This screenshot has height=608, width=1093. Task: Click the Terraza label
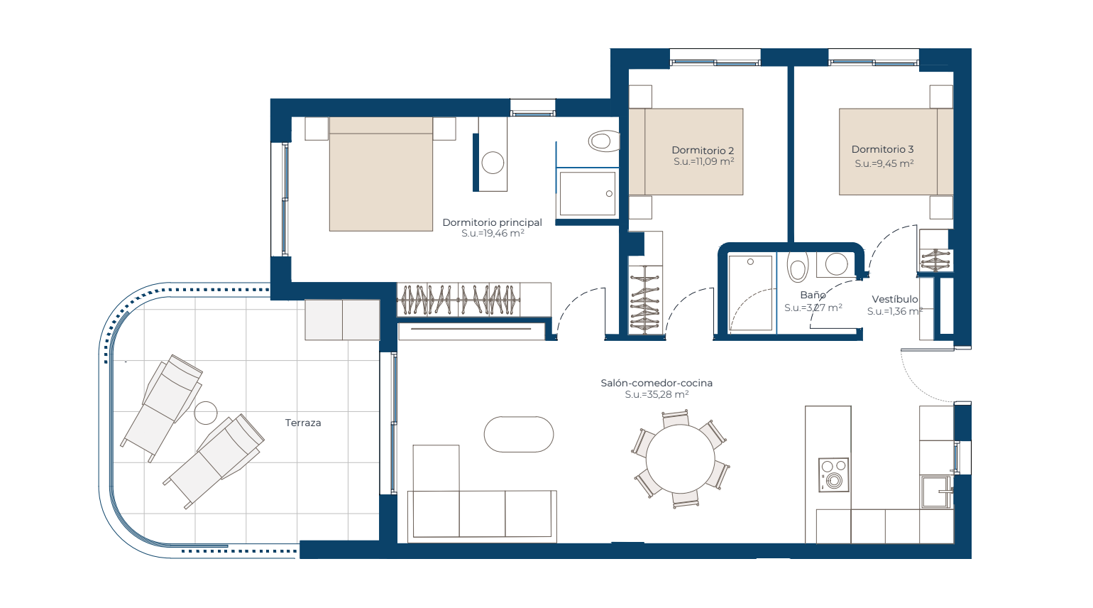(x=303, y=423)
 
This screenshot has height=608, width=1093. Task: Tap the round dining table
(x=680, y=459)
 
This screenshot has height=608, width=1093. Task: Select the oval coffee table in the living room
(x=519, y=434)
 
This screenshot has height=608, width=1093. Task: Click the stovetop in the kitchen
(x=833, y=474)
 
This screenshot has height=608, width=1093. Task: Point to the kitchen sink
(x=936, y=492)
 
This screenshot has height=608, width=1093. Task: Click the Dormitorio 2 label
(x=703, y=151)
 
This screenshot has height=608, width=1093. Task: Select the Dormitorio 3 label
(x=883, y=149)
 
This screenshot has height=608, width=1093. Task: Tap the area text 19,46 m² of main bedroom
(x=502, y=234)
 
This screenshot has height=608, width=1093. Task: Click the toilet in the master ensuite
(x=604, y=141)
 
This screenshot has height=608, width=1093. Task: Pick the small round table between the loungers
(x=205, y=413)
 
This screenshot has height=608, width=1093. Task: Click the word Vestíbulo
(x=895, y=299)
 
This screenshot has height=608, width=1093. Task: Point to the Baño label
(x=813, y=295)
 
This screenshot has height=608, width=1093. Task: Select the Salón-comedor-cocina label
(x=657, y=383)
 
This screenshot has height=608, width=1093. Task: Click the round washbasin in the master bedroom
(x=493, y=163)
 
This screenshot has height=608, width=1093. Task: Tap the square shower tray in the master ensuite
(x=588, y=193)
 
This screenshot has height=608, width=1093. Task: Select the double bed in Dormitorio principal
(x=380, y=174)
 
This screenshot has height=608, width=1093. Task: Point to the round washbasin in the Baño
(x=836, y=264)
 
